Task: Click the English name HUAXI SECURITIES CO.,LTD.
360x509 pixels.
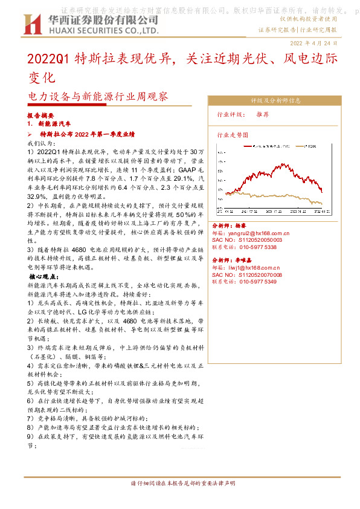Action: tap(103, 30)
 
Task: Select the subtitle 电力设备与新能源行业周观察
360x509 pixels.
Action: tap(98, 96)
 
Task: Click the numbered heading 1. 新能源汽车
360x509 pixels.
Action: tap(50, 124)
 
